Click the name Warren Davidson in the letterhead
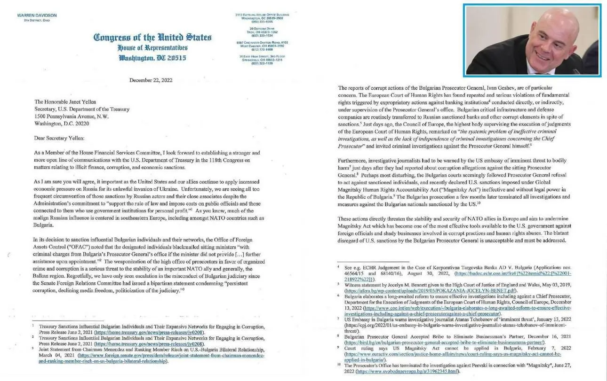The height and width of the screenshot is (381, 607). tap(37, 16)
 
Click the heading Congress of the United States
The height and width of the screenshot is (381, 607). tap(152, 38)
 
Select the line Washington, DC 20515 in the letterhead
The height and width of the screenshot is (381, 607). tap(152, 58)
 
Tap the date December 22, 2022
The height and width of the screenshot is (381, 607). tap(151, 80)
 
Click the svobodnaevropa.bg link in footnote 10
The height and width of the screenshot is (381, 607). tap(407, 371)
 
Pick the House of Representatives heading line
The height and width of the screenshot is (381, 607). tap(152, 47)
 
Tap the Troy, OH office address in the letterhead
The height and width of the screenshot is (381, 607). tap(262, 32)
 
